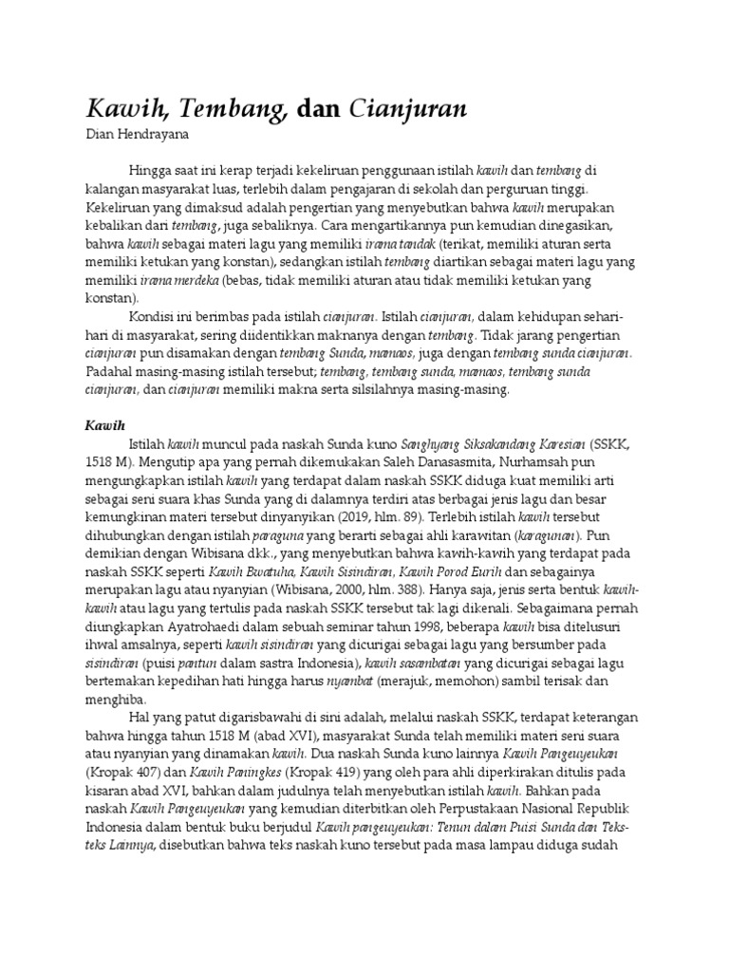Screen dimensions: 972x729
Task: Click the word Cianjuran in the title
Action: tap(408, 109)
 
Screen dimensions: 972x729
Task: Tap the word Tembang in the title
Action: tap(234, 109)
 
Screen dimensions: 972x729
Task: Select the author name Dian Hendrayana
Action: tap(138, 136)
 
